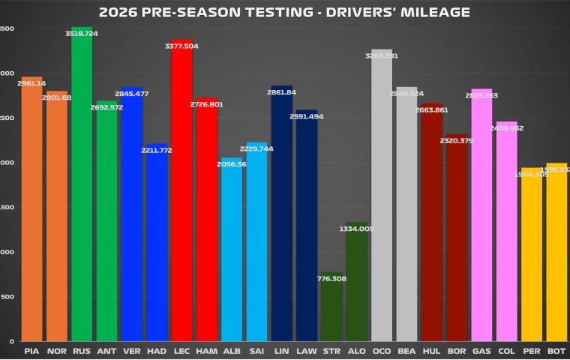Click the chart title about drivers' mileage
pos(284,12)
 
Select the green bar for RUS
pos(82,187)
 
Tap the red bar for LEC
pos(181,195)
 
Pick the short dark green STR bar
pos(331,307)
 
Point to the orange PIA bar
pos(31,210)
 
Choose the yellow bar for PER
pos(532,255)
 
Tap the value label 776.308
pos(331,279)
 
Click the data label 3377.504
pos(181,46)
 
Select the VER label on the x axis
pos(131,350)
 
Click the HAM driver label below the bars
pos(206,350)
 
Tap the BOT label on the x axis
pos(556,350)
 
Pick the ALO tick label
pos(356,350)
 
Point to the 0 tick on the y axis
pos(10,341)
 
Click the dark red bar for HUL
pos(431,225)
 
